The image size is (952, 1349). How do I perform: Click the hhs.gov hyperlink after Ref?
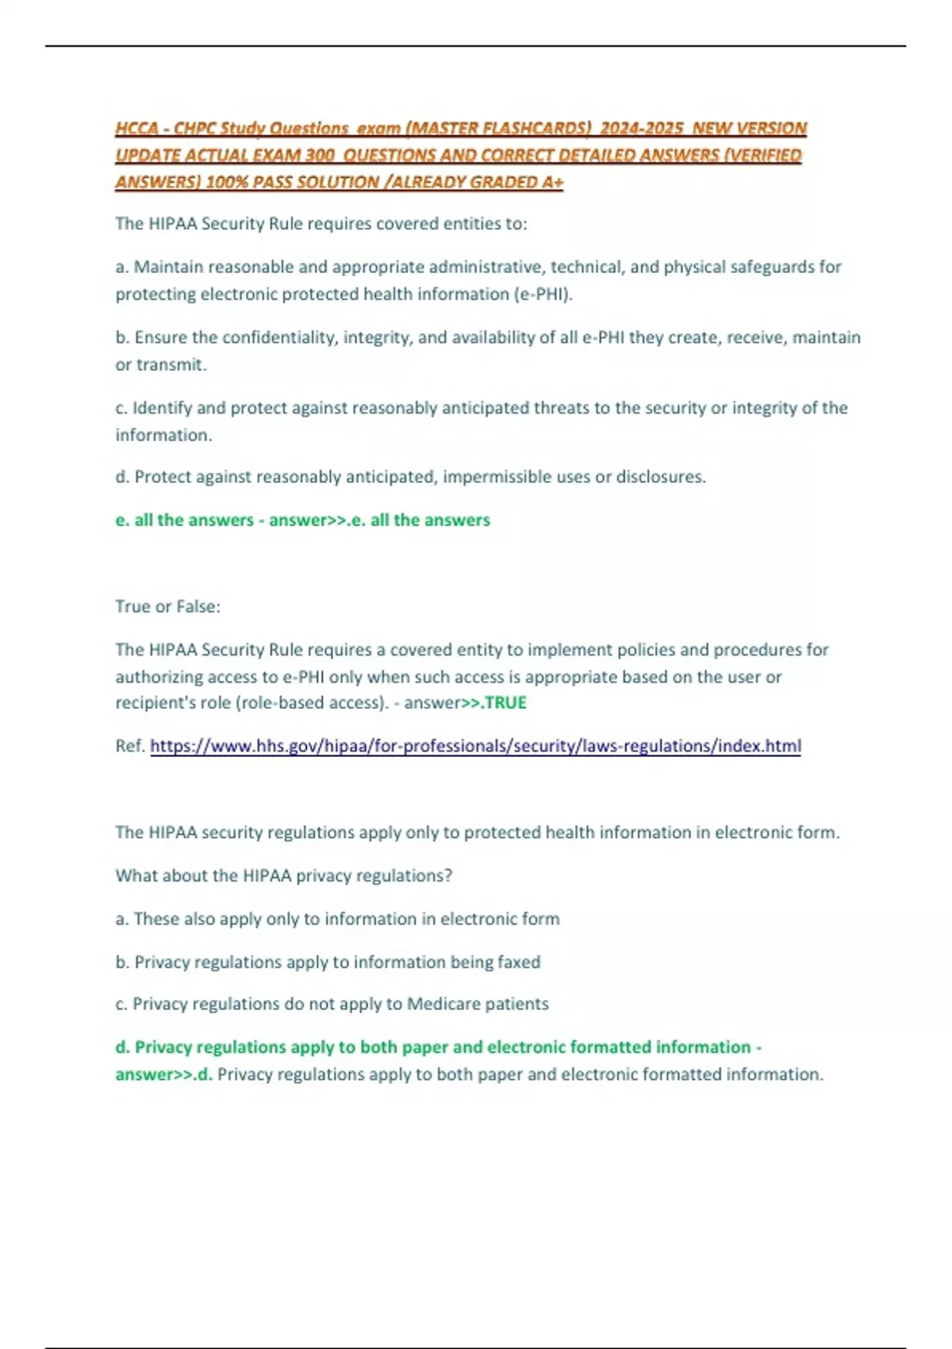pos(475,746)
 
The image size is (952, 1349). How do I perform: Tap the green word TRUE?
pos(505,703)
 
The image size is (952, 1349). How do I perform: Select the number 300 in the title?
pos(320,156)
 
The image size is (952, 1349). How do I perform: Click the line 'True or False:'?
pos(167,606)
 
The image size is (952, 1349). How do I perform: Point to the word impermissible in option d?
pos(516,477)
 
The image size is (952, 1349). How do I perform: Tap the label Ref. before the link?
pos(130,746)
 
